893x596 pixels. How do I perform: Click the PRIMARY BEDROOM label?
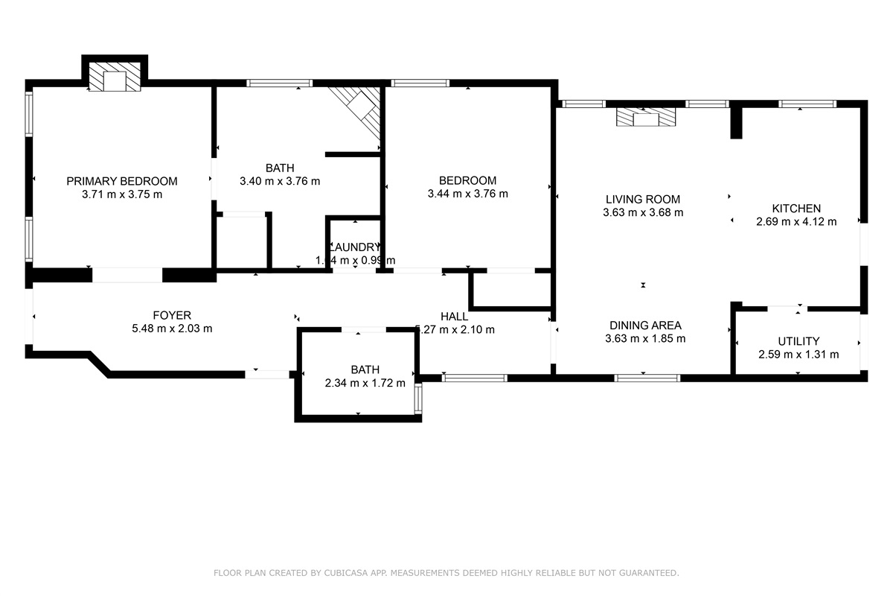(122, 181)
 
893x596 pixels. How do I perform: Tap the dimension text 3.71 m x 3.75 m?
(122, 194)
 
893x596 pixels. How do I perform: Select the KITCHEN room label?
(796, 209)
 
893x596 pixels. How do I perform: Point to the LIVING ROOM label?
(643, 199)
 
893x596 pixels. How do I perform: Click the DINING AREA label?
(645, 325)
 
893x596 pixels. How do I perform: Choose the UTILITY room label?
(798, 341)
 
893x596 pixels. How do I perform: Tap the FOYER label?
(172, 315)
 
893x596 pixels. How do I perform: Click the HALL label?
(454, 317)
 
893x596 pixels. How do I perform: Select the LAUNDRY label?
(356, 247)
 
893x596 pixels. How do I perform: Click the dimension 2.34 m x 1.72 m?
(365, 383)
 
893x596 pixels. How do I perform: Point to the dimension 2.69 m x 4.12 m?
(796, 221)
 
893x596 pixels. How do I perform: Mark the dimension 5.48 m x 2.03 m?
(172, 329)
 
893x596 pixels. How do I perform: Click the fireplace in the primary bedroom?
(115, 77)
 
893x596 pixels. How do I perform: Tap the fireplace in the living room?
(647, 117)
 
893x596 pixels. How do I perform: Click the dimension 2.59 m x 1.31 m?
(798, 355)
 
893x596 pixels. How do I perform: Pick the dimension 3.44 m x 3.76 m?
(467, 194)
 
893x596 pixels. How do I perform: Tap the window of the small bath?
(418, 398)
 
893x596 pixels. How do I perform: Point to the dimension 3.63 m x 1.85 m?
(645, 338)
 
